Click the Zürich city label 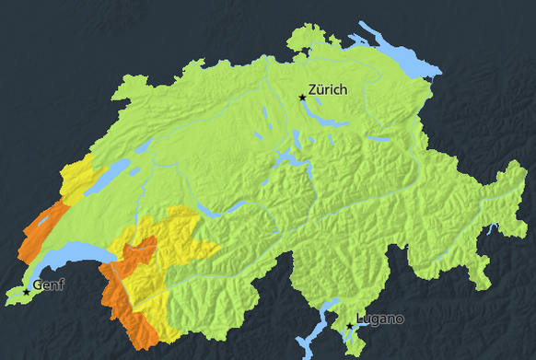[x=328, y=90]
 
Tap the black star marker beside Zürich [x=301, y=97]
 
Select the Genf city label [x=49, y=285]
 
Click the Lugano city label [x=380, y=319]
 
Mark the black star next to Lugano [x=349, y=326]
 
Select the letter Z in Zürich [x=314, y=90]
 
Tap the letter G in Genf [x=38, y=285]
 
